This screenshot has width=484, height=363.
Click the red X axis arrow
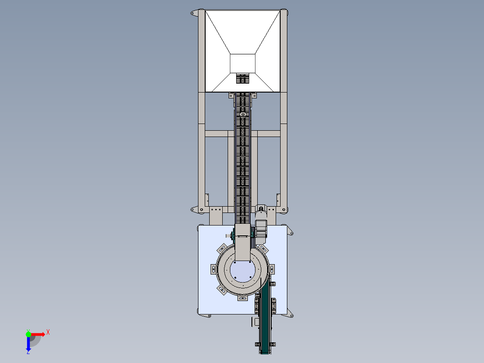click(38, 334)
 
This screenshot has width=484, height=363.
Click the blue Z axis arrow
click(28, 344)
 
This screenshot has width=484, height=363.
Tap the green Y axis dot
click(28, 334)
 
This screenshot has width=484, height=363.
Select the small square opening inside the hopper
click(242, 64)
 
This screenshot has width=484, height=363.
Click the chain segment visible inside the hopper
click(242, 79)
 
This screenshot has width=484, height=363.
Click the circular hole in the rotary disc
click(242, 271)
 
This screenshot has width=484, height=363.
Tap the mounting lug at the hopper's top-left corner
click(194, 13)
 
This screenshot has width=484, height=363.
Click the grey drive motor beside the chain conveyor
click(261, 229)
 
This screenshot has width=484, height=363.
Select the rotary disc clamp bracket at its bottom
click(242, 298)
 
